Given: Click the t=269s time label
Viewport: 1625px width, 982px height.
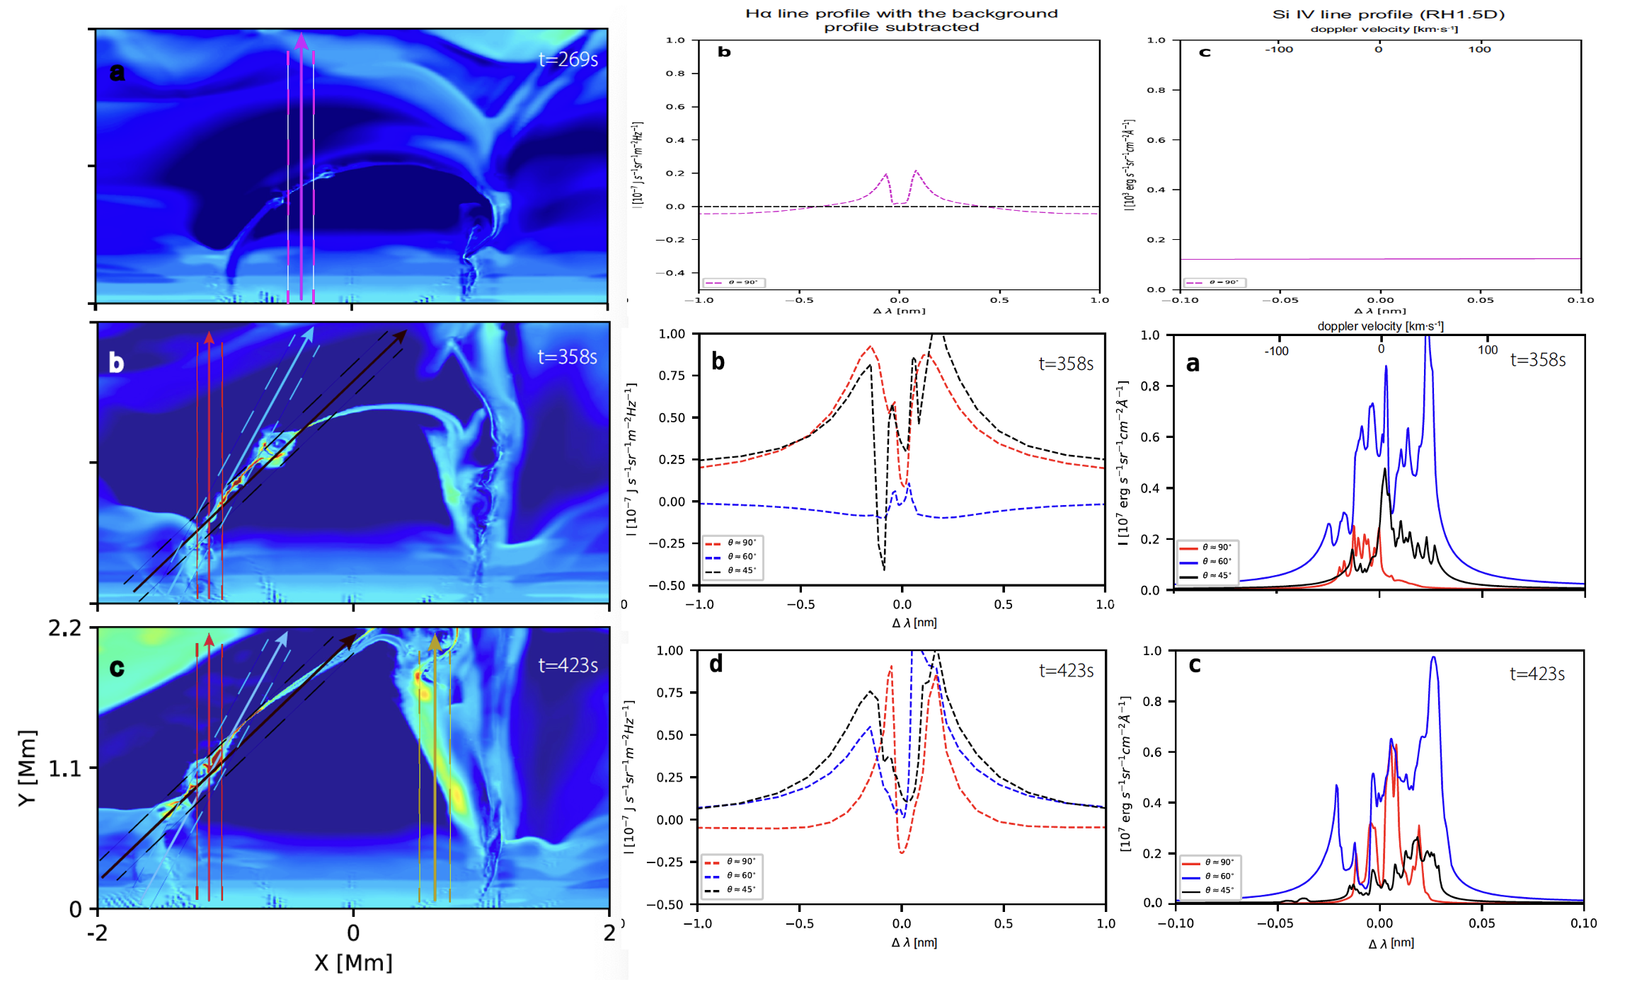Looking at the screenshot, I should (568, 59).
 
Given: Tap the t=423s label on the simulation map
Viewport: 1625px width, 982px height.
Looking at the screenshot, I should (568, 665).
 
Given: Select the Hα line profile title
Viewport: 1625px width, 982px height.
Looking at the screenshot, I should (901, 20).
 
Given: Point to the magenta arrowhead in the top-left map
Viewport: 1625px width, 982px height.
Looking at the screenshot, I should (302, 40).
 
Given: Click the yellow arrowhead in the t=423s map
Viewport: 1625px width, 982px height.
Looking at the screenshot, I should (435, 642).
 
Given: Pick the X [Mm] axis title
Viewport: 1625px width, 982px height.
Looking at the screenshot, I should (353, 963).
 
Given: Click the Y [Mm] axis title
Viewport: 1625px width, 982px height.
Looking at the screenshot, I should (27, 768).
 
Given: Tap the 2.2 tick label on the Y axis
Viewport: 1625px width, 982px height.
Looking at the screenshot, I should (64, 628).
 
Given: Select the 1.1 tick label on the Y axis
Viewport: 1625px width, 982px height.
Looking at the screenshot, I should (64, 768).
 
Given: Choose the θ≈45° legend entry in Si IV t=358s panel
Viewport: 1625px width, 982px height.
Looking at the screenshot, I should (1217, 575).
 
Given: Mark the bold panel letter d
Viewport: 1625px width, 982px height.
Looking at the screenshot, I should (716, 664).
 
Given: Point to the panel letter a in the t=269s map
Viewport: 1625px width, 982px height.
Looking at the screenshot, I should (117, 71).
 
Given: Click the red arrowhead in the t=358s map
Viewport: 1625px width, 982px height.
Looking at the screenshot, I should (209, 337).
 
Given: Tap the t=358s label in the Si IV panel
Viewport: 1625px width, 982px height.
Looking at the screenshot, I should (1537, 360).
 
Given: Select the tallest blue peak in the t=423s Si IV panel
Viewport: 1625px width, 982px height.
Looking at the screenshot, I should (1434, 659).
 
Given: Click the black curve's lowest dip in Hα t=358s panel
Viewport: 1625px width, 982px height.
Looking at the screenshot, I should (884, 568).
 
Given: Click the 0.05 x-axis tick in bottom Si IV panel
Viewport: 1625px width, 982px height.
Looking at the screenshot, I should (1481, 923).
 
